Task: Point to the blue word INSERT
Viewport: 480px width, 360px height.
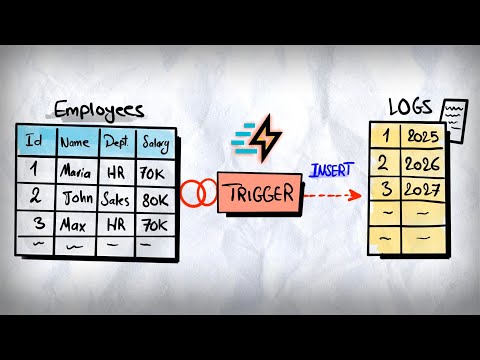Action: point(331,172)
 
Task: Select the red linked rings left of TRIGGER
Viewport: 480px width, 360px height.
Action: point(198,191)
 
